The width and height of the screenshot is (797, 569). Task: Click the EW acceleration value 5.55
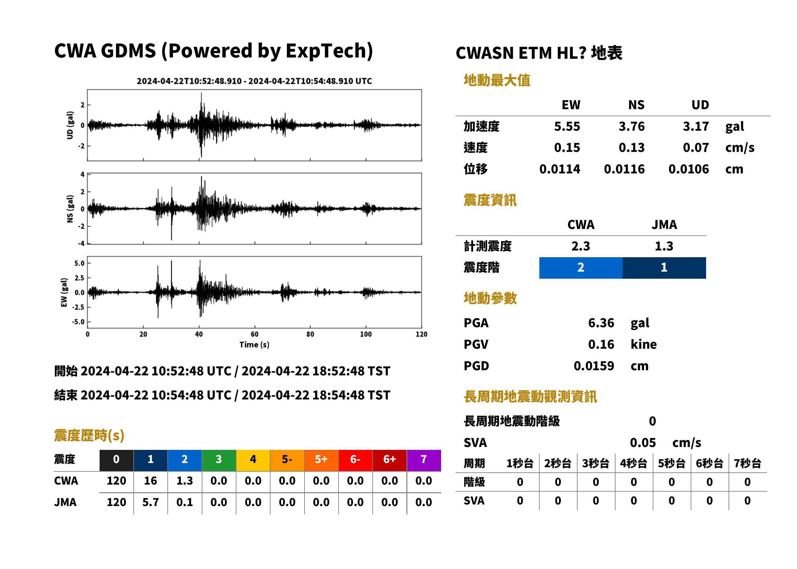click(x=567, y=126)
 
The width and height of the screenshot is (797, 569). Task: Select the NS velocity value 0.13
click(x=631, y=147)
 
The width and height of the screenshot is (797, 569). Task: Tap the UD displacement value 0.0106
click(x=688, y=169)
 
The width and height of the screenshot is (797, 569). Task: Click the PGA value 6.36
click(x=601, y=323)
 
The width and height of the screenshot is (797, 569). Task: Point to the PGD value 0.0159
click(x=594, y=366)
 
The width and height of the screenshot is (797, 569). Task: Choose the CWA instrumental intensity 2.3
click(x=581, y=246)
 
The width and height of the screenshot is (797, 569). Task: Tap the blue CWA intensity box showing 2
click(x=581, y=268)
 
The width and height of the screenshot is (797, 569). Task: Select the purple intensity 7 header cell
click(x=424, y=460)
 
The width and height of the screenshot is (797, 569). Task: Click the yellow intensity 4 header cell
click(x=253, y=460)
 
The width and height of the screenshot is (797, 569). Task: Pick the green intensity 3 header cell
click(x=219, y=460)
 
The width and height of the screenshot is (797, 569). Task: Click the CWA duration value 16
click(x=150, y=481)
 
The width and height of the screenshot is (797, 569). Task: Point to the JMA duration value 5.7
click(x=150, y=503)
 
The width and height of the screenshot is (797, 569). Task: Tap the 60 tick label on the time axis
click(x=254, y=334)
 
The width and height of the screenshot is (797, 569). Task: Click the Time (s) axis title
click(x=254, y=345)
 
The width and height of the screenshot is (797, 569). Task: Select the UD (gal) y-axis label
click(x=70, y=125)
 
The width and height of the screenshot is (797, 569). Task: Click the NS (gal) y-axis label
click(x=70, y=209)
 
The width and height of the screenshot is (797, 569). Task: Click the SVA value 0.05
click(x=643, y=443)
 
